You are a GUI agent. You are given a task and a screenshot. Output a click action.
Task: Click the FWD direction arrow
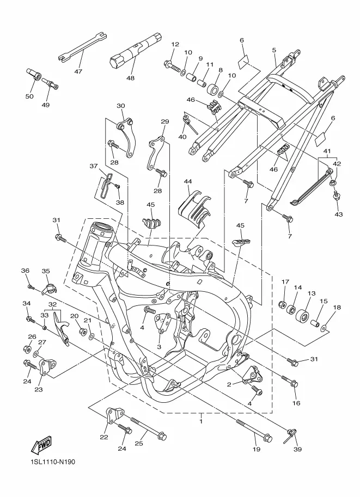pyautogui.click(x=41, y=444)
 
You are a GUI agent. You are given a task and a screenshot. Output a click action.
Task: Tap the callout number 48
pyautogui.click(x=130, y=78)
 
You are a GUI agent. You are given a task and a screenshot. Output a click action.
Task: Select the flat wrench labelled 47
pyautogui.click(x=83, y=47)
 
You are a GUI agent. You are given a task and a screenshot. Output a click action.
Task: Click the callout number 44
pyautogui.click(x=188, y=182)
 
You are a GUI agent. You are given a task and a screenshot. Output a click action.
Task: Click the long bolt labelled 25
pyautogui.click(x=148, y=428)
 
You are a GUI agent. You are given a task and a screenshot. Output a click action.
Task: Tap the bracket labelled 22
pyautogui.click(x=114, y=416)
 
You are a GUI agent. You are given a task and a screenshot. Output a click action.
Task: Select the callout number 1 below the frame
pyautogui.click(x=201, y=421)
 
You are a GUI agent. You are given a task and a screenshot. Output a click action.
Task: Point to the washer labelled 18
pyautogui.click(x=324, y=327)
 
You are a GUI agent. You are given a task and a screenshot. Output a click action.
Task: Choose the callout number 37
pyautogui.click(x=93, y=166)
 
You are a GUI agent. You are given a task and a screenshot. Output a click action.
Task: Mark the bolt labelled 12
pyautogui.click(x=172, y=66)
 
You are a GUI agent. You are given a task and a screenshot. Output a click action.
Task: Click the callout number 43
pyautogui.click(x=338, y=214)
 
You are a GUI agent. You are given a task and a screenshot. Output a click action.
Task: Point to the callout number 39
pyautogui.click(x=297, y=449)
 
